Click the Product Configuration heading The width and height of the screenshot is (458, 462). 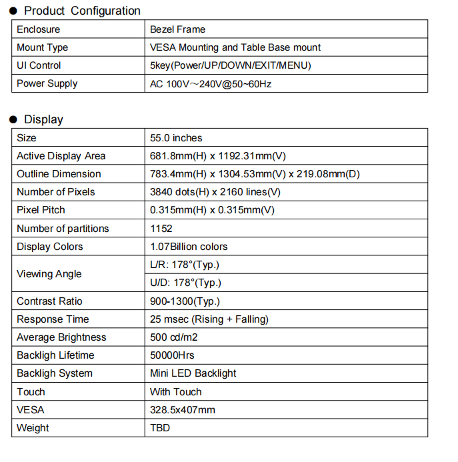point(82,11)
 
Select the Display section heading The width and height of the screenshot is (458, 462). point(43,119)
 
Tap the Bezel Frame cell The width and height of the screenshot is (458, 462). point(178,29)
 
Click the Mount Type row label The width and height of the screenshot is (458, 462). point(42,47)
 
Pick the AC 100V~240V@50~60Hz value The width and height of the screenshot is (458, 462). point(211,84)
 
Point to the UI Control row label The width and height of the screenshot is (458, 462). point(39,65)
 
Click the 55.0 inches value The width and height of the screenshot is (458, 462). point(176,138)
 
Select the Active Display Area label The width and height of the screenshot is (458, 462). point(61,156)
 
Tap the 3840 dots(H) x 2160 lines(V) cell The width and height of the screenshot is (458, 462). point(215,192)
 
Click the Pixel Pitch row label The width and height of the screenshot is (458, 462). point(41,210)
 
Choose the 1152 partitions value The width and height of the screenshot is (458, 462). point(161,229)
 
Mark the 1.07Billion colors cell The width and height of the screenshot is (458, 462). point(189,247)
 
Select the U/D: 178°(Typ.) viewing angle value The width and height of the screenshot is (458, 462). point(186,283)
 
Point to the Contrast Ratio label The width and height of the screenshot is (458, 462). point(49,301)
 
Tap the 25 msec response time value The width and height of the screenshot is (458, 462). point(209,319)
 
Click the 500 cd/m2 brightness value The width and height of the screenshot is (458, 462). point(177,337)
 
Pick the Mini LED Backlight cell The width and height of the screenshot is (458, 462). point(193,373)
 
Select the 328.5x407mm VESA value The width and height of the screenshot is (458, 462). point(183,410)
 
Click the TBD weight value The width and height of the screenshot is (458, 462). point(160,428)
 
